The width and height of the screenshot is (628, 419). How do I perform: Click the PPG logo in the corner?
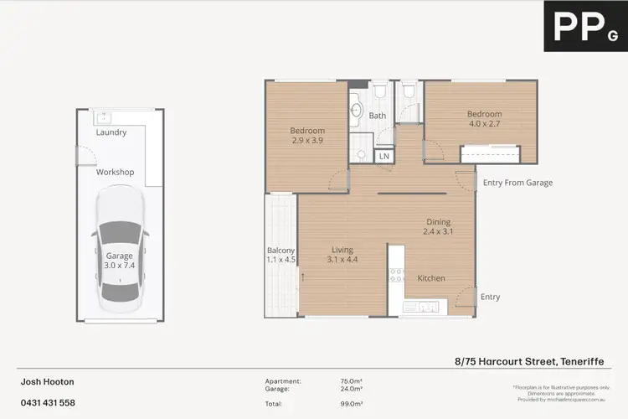click(585, 26)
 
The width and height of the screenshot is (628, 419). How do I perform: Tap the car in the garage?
click(121, 248)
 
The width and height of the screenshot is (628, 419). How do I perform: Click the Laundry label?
click(111, 132)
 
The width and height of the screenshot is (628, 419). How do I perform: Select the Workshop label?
click(115, 172)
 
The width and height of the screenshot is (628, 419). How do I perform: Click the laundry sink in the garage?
click(106, 117)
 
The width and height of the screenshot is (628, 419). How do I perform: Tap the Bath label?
click(378, 116)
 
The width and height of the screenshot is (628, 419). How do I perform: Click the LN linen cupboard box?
click(384, 156)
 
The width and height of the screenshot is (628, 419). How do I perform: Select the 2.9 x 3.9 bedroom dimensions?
click(307, 142)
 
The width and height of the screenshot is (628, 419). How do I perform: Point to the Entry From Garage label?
click(517, 183)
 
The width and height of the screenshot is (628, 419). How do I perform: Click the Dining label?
click(437, 222)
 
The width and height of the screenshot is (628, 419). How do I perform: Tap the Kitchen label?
click(431, 278)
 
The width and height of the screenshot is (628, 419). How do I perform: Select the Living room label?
click(342, 250)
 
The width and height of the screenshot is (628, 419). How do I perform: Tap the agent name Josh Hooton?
click(48, 381)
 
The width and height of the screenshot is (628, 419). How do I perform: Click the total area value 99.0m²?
click(350, 404)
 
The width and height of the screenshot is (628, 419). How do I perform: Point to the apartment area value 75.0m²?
click(350, 381)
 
